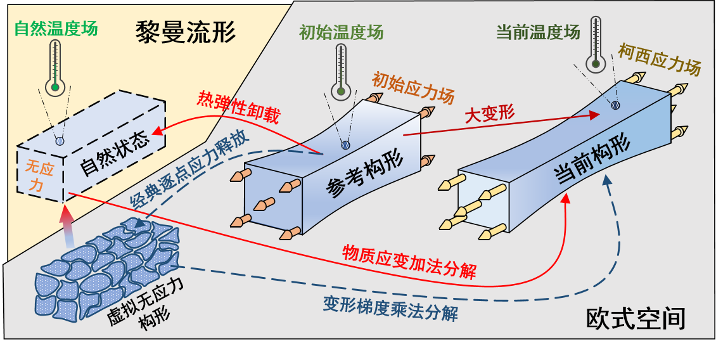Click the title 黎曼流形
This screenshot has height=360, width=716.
[x=186, y=32]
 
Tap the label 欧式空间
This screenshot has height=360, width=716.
[x=635, y=319]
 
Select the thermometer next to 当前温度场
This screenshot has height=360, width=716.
[x=595, y=44]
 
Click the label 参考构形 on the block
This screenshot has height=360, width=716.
[x=355, y=179]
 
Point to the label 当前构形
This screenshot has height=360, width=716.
[x=592, y=161]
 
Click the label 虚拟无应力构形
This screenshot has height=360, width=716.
[x=146, y=308]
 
